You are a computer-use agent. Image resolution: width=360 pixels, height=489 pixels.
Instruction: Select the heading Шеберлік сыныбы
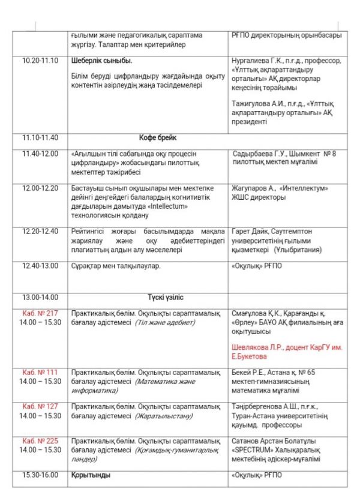pos(101,61)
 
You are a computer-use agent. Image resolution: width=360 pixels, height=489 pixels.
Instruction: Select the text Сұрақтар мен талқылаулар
pos(116,265)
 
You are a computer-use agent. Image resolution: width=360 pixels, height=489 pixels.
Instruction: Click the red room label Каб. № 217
pos(40,313)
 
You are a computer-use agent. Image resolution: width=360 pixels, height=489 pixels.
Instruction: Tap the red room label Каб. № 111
pos(40,372)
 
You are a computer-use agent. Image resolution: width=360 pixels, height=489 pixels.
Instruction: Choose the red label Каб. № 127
pos(40,406)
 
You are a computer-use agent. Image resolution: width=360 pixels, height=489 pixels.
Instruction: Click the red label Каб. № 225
pos(40,440)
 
